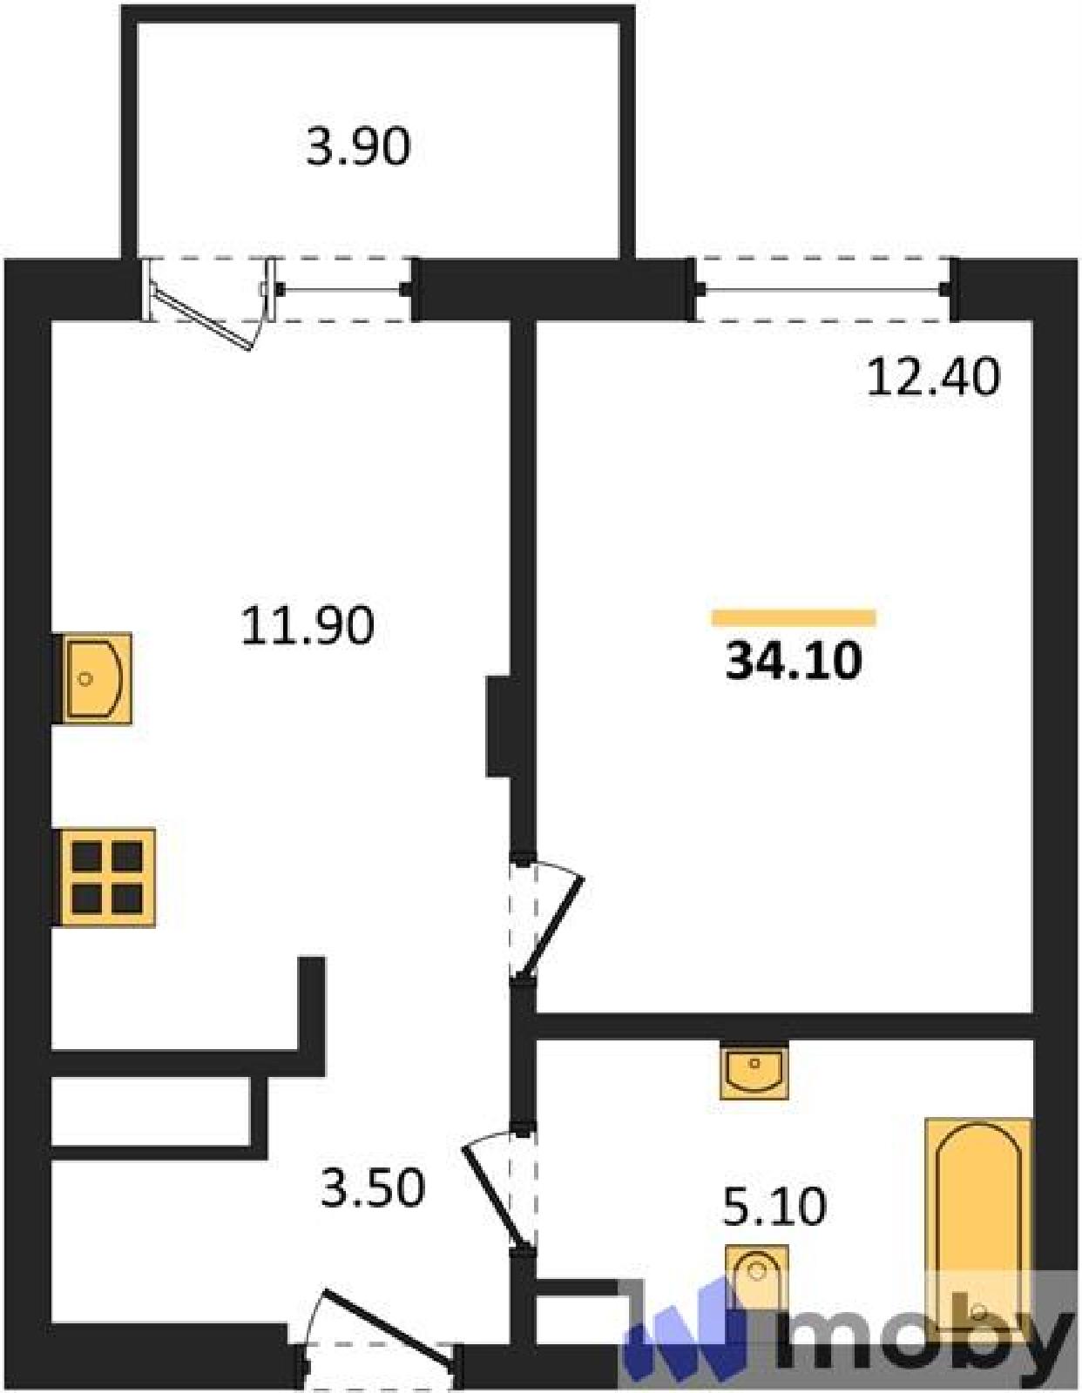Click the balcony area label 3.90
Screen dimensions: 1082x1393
tap(358, 147)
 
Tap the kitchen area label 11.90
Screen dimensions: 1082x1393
tap(308, 626)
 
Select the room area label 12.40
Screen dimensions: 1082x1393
tap(933, 377)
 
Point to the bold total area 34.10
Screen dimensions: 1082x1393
tap(794, 661)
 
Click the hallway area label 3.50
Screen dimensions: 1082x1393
tap(373, 1188)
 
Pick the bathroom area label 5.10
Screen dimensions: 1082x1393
tap(774, 1206)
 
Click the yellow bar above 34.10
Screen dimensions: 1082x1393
tap(794, 617)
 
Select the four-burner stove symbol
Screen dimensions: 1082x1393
tap(107, 878)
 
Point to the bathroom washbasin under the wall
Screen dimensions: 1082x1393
tap(754, 1073)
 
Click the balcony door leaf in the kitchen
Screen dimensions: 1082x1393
tap(202, 318)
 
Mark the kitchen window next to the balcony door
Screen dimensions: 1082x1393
tap(343, 290)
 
